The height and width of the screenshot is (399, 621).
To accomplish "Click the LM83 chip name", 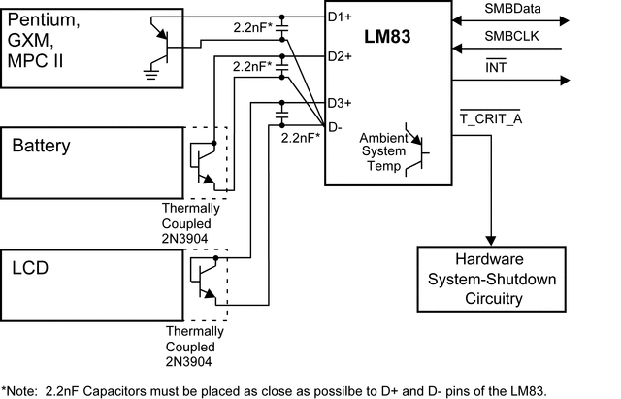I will pyautogui.click(x=388, y=39).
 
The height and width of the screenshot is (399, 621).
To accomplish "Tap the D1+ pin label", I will pyautogui.click(x=340, y=17).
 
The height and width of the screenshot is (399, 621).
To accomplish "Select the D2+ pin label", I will pyautogui.click(x=340, y=55).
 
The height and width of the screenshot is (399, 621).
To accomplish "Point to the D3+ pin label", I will pyautogui.click(x=340, y=102).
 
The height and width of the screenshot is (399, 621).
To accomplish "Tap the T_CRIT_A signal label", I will pyautogui.click(x=490, y=118).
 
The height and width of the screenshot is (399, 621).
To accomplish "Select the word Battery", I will pyautogui.click(x=41, y=147).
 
